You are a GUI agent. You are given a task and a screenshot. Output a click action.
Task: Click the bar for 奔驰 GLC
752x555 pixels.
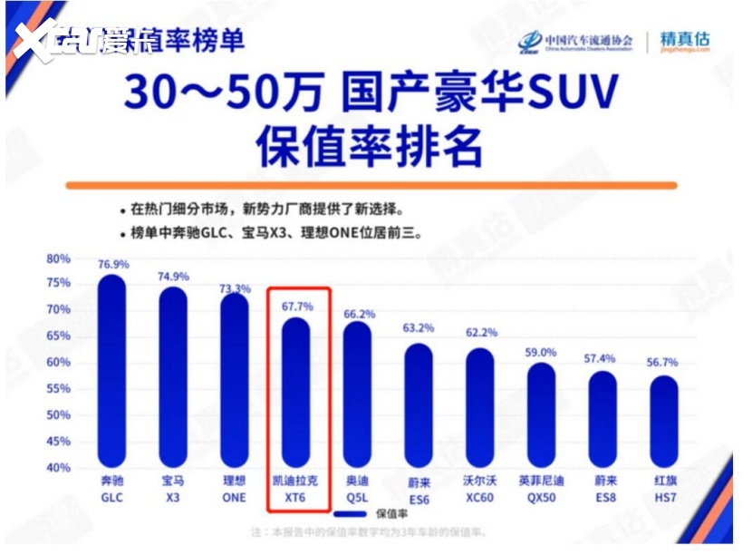coord(112,372)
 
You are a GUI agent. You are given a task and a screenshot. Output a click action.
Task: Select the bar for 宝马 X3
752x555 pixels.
coord(173,376)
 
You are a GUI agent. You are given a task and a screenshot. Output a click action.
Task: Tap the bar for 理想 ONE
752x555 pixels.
coord(234,381)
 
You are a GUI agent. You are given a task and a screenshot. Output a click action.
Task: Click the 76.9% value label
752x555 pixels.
coord(113,264)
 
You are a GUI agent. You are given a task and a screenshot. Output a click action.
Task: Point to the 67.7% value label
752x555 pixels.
coord(296,307)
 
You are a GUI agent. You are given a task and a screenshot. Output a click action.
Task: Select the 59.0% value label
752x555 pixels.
coord(541,352)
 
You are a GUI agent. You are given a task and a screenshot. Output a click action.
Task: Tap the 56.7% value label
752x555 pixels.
coord(663,363)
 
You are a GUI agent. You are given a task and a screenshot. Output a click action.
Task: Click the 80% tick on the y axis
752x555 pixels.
coord(58,258)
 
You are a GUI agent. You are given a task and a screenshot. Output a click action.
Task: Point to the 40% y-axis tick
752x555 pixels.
coord(58,468)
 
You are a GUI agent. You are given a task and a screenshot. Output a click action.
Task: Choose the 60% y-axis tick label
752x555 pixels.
coord(58,363)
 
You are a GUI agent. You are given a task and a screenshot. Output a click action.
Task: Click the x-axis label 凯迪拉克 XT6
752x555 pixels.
coord(297,489)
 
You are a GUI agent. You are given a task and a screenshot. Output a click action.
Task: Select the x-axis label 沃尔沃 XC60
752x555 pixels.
coord(480,489)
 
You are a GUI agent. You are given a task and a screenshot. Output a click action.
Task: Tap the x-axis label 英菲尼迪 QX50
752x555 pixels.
coord(542,489)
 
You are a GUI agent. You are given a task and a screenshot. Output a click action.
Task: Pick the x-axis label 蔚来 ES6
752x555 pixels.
coord(419,489)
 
